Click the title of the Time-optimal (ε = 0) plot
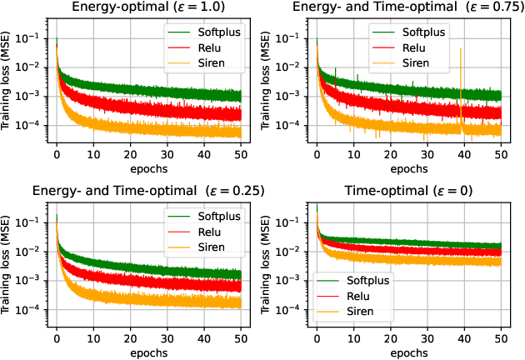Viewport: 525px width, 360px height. [x=408, y=191]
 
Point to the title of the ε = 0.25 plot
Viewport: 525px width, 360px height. [x=149, y=191]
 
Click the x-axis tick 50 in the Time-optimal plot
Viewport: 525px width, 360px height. [x=501, y=338]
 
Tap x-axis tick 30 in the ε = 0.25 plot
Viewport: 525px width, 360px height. [x=167, y=338]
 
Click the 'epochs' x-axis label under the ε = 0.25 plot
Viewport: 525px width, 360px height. [x=149, y=352]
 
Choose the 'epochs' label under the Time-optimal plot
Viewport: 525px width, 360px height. [x=408, y=352]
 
